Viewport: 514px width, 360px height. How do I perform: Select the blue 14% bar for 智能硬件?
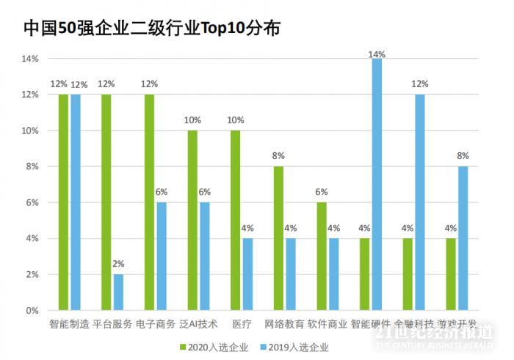tap(377, 184)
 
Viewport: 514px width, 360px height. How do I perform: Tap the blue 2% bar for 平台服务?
tap(118, 292)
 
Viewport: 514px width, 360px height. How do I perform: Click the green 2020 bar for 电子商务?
tap(150, 202)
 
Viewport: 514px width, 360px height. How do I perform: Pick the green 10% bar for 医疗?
tap(236, 220)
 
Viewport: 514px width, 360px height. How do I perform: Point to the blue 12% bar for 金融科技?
tap(419, 202)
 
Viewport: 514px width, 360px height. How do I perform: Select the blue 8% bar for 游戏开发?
tap(463, 238)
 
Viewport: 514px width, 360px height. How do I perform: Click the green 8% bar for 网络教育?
tap(278, 238)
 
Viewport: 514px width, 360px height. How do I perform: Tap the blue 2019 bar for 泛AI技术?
tap(204, 256)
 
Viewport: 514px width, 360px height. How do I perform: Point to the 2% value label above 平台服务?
tap(118, 264)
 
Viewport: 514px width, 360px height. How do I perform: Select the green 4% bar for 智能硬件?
tap(365, 274)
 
